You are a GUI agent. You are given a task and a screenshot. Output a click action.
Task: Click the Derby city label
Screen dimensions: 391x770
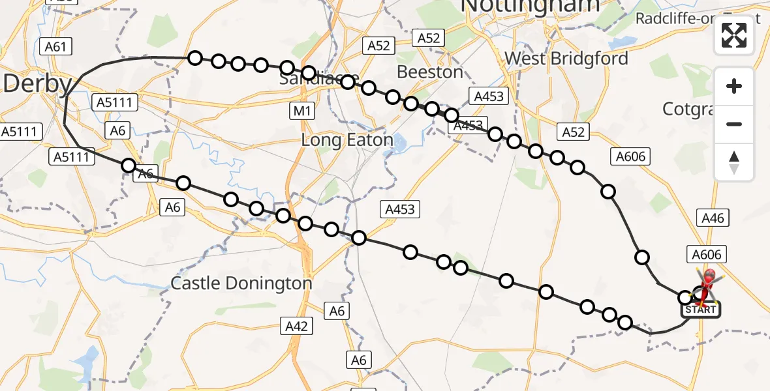(37, 84)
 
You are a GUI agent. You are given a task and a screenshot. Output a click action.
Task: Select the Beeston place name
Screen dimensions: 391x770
(430, 72)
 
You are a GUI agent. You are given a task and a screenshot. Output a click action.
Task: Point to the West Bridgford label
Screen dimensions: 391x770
(566, 59)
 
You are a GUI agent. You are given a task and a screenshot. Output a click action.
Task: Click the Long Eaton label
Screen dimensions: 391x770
(346, 140)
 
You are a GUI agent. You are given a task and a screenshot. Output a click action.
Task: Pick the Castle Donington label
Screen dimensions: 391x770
(241, 283)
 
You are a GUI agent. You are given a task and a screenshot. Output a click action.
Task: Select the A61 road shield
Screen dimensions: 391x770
(55, 46)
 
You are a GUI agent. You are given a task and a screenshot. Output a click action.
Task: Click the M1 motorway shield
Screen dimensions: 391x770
(301, 111)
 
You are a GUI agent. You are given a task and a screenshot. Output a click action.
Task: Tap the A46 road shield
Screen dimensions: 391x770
(712, 218)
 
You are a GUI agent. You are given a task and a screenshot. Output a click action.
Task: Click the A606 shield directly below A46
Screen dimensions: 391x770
(705, 255)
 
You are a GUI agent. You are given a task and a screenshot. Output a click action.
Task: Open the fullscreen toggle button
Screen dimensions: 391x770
(734, 35)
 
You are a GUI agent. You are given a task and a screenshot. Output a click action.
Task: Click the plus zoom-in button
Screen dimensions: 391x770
(734, 86)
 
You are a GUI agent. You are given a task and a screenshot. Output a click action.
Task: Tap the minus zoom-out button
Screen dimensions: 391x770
(734, 124)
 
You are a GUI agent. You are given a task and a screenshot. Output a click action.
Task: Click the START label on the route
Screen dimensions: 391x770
(701, 310)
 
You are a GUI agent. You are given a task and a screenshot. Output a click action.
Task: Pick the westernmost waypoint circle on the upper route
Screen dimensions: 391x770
(194, 58)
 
